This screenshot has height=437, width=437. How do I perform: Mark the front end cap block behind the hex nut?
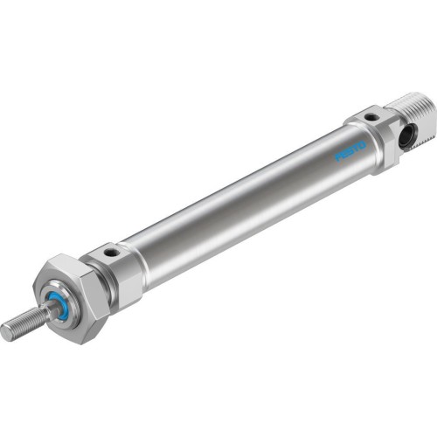pos(118,267)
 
